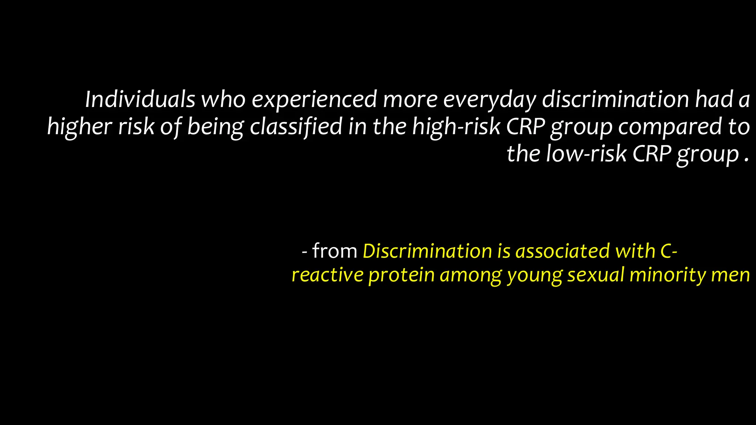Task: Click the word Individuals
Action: click(x=140, y=99)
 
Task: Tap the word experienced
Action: click(x=315, y=100)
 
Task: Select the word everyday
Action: click(x=489, y=100)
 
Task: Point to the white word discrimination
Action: click(x=615, y=99)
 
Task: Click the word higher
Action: click(x=79, y=127)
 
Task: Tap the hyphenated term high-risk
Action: click(x=456, y=127)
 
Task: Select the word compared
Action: click(x=670, y=127)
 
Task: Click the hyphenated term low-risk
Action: click(x=586, y=153)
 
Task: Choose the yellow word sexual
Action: click(x=596, y=275)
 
